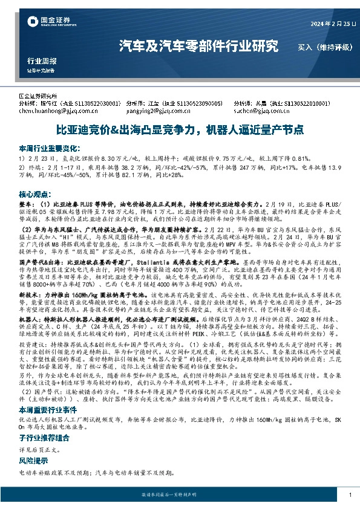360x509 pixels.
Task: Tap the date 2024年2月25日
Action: click(x=322, y=24)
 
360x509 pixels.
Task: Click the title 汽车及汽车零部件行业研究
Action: click(x=198, y=46)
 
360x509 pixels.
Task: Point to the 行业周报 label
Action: click(x=42, y=61)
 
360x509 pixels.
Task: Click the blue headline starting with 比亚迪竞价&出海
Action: click(x=179, y=129)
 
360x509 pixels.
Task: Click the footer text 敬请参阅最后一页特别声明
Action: click(x=180, y=495)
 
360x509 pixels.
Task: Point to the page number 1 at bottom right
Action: click(x=351, y=495)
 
